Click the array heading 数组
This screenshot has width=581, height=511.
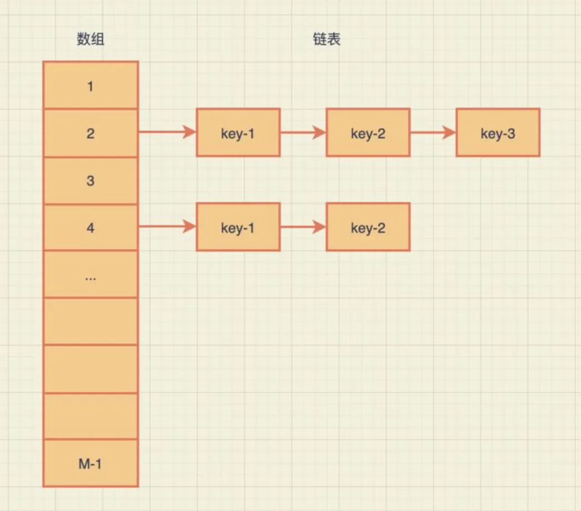point(90,40)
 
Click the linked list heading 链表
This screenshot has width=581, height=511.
point(327,40)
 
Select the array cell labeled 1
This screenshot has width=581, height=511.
point(90,86)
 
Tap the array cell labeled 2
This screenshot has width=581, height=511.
point(90,133)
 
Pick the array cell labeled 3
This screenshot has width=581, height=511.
point(90,181)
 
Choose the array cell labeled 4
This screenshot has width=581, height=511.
point(90,228)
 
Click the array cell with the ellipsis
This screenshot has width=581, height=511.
point(90,274)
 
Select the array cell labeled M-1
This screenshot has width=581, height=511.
point(90,463)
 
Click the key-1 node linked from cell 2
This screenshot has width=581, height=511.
point(238,133)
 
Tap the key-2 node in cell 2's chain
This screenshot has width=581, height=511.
point(368,133)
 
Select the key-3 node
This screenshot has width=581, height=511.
point(498,133)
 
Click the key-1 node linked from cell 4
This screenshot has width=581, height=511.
point(238,227)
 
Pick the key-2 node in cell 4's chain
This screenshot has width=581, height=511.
point(368,227)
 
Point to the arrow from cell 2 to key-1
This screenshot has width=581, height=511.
point(167,133)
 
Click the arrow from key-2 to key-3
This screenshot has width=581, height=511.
point(433,133)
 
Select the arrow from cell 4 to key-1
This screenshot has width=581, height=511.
point(167,227)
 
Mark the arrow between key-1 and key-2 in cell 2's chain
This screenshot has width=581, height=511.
point(303,133)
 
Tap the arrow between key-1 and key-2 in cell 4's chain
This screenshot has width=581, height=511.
point(303,227)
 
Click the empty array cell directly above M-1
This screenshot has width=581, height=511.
point(90,416)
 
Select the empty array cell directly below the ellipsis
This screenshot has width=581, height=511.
point(90,322)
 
